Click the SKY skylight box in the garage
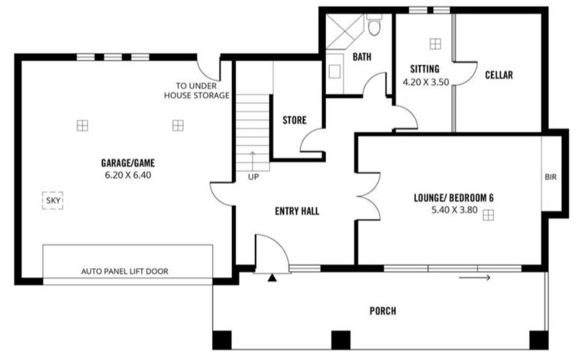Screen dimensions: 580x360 coord(53,201)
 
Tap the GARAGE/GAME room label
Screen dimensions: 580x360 coord(128,163)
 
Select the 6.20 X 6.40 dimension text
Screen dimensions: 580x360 coord(128,175)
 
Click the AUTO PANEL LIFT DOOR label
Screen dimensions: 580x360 coord(125,272)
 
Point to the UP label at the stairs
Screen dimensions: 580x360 coord(253,177)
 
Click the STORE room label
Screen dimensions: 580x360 coord(295,120)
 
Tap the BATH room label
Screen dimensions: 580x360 coord(362,57)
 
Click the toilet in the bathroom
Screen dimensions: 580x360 coord(374,25)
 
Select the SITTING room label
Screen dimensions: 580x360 coord(425,69)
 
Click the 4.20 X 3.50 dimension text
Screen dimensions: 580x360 coord(426,82)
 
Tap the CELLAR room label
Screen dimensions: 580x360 coord(499,75)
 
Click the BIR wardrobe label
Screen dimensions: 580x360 coord(551,177)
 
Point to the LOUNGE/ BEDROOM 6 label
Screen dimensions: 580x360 coord(454,198)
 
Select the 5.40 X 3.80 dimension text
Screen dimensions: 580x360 coord(455,210)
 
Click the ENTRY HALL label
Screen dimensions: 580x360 coord(297,211)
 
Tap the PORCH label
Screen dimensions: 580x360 coord(383,311)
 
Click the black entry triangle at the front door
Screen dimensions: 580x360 coord(273,278)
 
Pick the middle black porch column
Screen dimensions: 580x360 coord(341,340)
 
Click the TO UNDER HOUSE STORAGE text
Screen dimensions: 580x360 coord(196,91)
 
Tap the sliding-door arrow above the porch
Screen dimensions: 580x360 coord(474,278)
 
